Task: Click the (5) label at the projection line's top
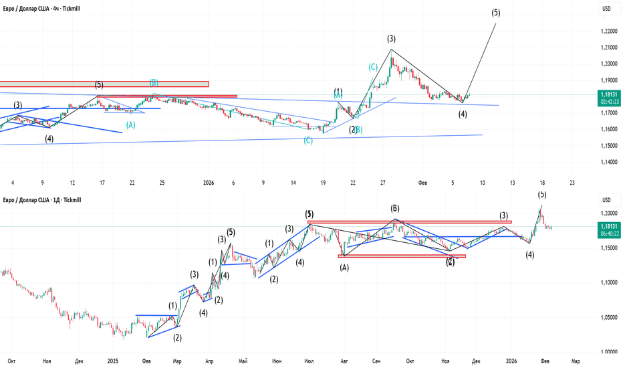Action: point(495,13)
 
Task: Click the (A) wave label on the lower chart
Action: point(344,268)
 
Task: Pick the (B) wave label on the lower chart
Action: point(395,208)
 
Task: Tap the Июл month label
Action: point(309,361)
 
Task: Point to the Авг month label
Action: point(344,361)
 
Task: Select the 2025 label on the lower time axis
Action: point(112,361)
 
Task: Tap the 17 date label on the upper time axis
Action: point(102,182)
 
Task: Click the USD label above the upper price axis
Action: point(607,9)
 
